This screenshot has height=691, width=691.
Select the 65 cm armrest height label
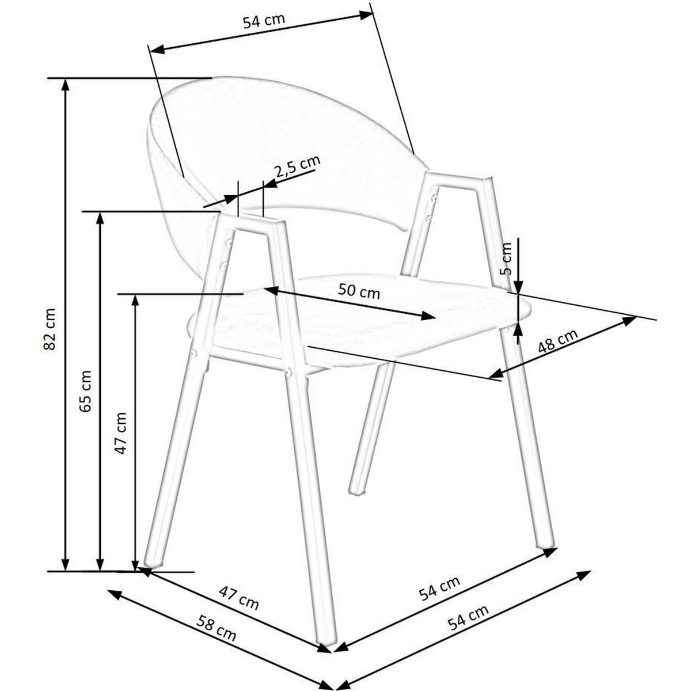86,391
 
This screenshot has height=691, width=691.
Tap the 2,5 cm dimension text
297,166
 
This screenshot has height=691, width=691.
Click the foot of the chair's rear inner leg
358,491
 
